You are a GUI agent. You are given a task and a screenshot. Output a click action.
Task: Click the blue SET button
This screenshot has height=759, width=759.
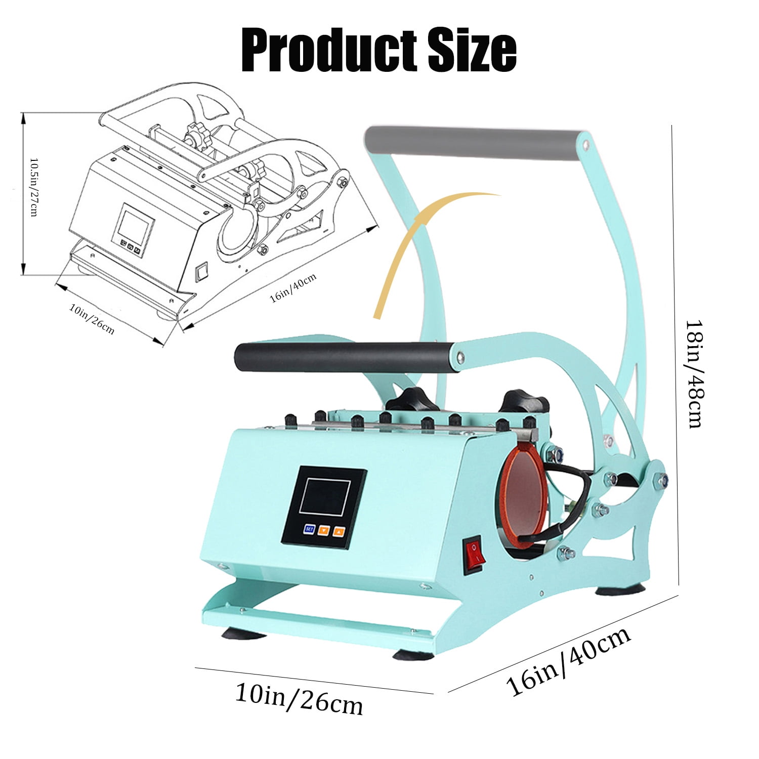[x=309, y=529]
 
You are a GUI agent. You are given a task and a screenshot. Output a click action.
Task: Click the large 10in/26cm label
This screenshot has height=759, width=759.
[x=299, y=698]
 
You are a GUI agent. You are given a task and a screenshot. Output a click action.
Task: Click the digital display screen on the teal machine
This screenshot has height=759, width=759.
[x=325, y=496]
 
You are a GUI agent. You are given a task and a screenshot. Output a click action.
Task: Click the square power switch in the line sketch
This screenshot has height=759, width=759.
[x=202, y=271]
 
